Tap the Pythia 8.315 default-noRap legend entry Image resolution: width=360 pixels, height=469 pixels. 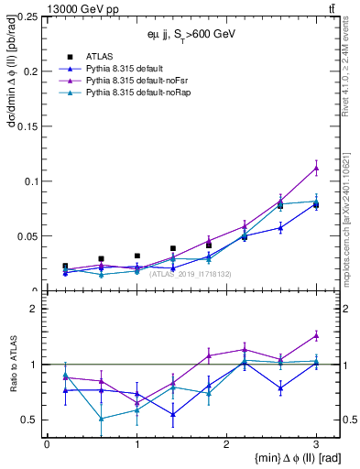click(136, 93)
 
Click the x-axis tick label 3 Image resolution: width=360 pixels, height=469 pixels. click(316, 443)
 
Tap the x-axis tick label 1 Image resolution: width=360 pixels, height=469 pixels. click(136, 443)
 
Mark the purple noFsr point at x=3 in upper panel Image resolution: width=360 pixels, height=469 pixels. click(316, 168)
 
